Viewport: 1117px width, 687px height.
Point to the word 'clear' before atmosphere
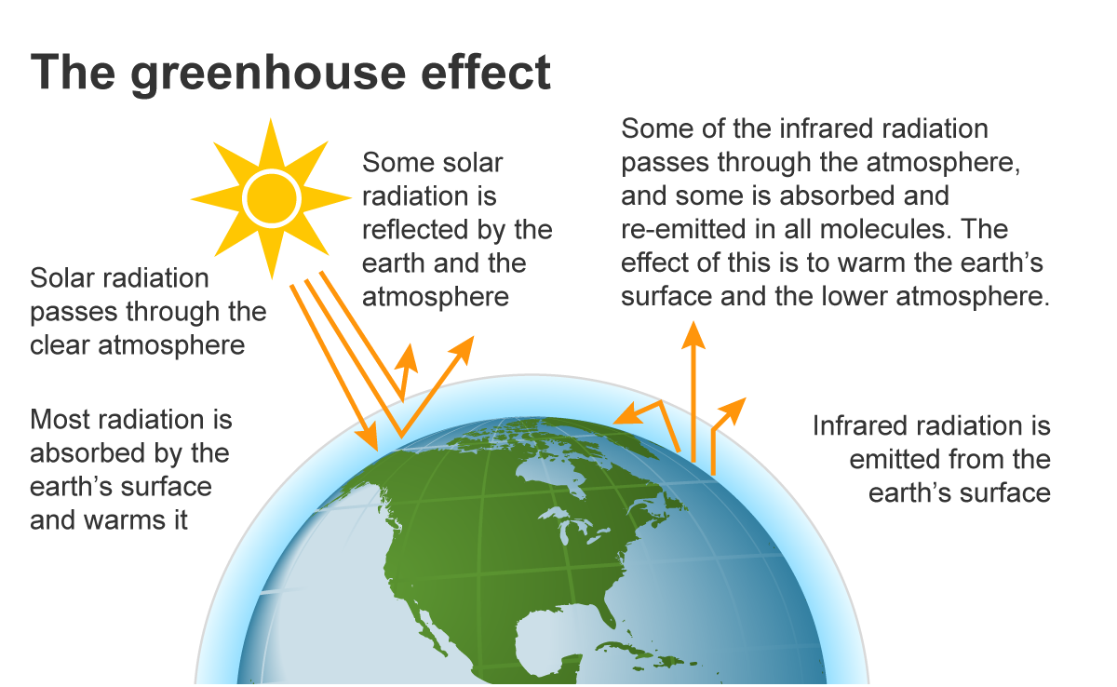point(61,345)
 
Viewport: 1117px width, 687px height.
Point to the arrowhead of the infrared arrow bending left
point(626,415)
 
